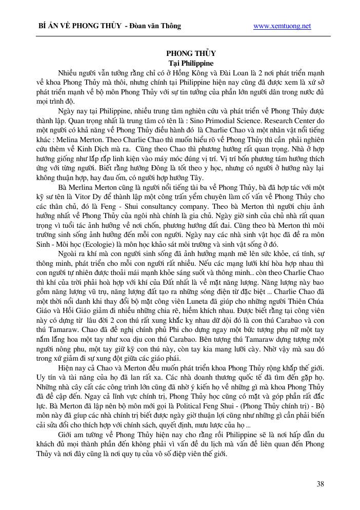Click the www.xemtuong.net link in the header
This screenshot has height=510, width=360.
pyautogui.click(x=282, y=26)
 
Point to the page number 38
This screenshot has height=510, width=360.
pyautogui.click(x=320, y=483)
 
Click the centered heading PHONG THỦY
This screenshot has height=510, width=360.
pyautogui.click(x=191, y=53)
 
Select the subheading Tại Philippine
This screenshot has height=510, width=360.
pyautogui.click(x=191, y=63)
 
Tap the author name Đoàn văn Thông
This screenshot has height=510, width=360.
pyautogui.click(x=155, y=26)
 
